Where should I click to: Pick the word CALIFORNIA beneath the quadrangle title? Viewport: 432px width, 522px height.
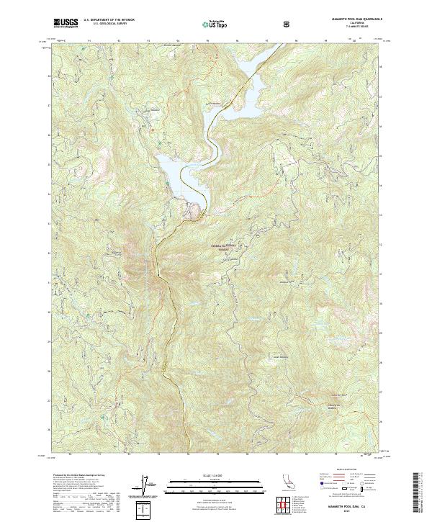click(352, 24)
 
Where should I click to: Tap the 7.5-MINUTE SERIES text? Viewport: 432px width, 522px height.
click(352, 27)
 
